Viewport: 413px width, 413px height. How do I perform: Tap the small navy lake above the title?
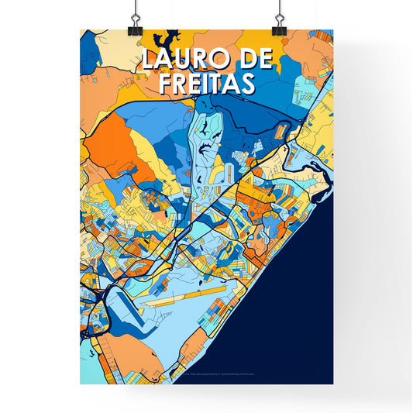click(x=169, y=36)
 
